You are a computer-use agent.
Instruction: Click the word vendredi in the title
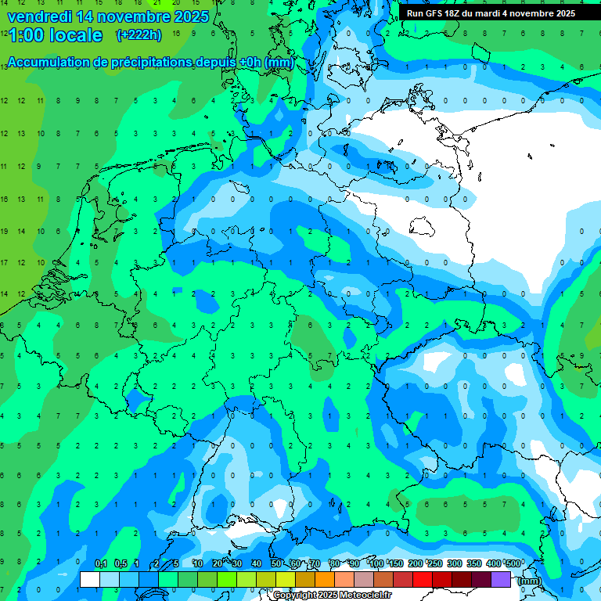tap(39, 16)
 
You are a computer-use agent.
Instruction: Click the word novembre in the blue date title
tap(132, 16)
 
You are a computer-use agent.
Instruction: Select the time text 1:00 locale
tap(55, 35)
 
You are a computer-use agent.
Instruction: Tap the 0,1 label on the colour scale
tap(101, 563)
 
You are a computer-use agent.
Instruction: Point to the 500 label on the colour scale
tap(513, 563)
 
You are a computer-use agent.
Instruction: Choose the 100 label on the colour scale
tap(376, 563)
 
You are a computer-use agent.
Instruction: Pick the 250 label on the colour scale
tap(435, 563)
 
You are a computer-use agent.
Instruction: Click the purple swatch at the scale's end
tap(501, 579)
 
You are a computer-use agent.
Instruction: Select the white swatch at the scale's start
tap(90, 579)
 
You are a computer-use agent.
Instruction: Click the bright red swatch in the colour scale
tap(423, 579)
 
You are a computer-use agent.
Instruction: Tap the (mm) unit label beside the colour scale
tap(530, 580)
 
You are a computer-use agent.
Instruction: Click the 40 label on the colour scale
tap(257, 563)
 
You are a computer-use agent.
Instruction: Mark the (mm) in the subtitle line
tap(279, 63)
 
